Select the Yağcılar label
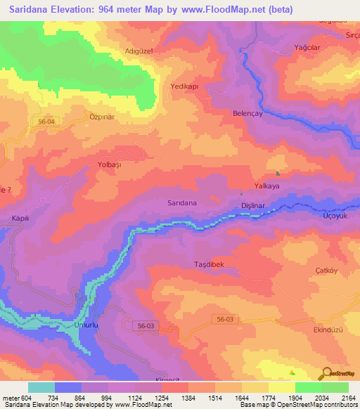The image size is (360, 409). click(x=307, y=48)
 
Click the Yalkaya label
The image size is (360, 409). click(x=286, y=187)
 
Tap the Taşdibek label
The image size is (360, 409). click(x=208, y=264)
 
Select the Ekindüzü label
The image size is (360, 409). click(x=328, y=329)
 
